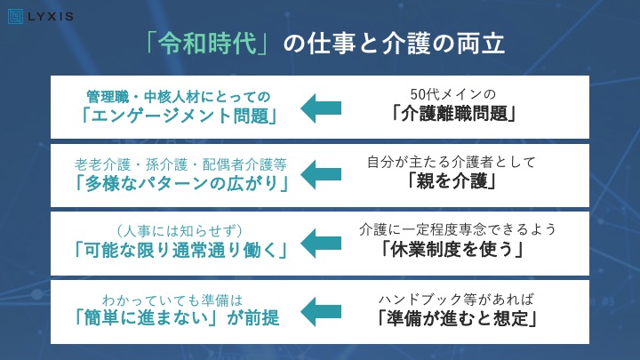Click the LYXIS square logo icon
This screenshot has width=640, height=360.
click(15, 17)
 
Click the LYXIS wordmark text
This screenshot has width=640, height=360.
click(51, 17)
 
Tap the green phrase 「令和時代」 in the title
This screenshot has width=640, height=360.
click(207, 44)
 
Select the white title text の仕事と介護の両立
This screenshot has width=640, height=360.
click(394, 44)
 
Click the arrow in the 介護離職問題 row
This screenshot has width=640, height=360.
click(321, 108)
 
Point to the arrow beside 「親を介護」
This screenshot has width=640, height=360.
click(321, 175)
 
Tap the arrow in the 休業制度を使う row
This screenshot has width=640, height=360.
click(321, 244)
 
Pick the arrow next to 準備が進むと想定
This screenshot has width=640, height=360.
click(321, 312)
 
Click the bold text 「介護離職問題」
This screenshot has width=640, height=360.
click(453, 114)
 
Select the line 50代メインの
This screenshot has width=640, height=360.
click(453, 94)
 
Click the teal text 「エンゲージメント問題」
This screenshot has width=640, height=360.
click(180, 116)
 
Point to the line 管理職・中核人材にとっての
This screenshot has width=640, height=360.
click(179, 97)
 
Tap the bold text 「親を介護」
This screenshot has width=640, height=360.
click(452, 180)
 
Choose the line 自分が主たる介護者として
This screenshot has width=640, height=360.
click(452, 162)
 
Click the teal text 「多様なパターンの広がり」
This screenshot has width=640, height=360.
click(181, 184)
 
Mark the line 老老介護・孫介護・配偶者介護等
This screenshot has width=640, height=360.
click(180, 164)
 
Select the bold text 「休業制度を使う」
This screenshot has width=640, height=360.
click(452, 249)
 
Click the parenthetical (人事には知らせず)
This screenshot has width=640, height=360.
click(180, 231)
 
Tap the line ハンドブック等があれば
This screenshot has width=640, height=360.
click(456, 300)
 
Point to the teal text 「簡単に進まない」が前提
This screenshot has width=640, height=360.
click(178, 318)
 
